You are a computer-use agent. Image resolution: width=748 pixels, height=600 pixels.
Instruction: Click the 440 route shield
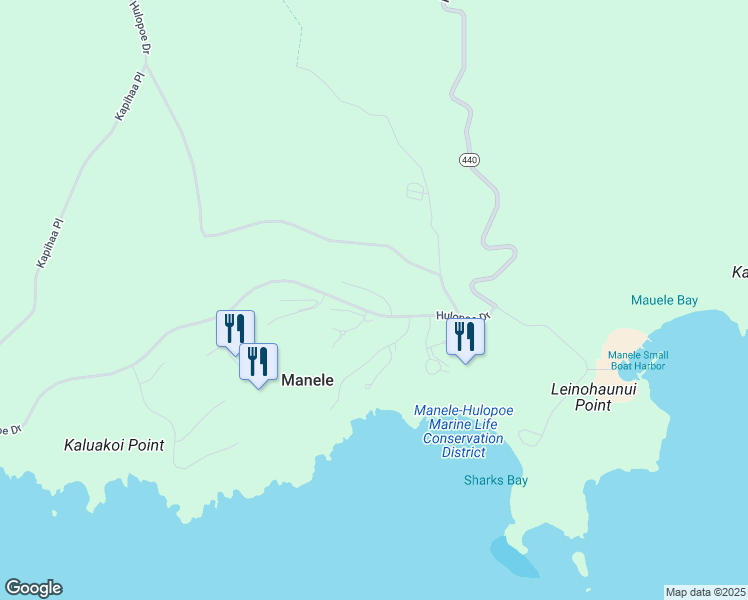(469, 160)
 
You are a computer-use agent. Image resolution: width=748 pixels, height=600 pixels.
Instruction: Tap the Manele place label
(307, 380)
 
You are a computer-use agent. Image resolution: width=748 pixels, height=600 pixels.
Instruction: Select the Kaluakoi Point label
(113, 445)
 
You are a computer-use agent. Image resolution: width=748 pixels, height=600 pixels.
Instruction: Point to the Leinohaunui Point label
(594, 396)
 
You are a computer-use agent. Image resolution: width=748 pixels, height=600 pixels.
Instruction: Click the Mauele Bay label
(664, 300)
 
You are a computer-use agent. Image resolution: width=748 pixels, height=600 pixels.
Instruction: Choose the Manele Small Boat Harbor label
(637, 360)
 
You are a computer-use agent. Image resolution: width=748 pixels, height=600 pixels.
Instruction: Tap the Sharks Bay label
(495, 480)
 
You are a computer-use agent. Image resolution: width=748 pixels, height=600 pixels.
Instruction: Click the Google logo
(33, 588)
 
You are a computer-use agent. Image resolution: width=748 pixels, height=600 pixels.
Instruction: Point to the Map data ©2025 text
(705, 592)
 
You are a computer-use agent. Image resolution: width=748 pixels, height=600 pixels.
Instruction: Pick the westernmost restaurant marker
(235, 329)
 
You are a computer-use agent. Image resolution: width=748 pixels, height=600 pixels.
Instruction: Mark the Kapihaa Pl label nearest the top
(131, 96)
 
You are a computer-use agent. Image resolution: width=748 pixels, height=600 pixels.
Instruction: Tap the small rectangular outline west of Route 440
(415, 191)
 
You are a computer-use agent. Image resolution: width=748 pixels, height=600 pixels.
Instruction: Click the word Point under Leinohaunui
(594, 405)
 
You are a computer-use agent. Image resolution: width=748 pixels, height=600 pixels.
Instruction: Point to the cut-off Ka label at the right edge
(740, 272)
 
